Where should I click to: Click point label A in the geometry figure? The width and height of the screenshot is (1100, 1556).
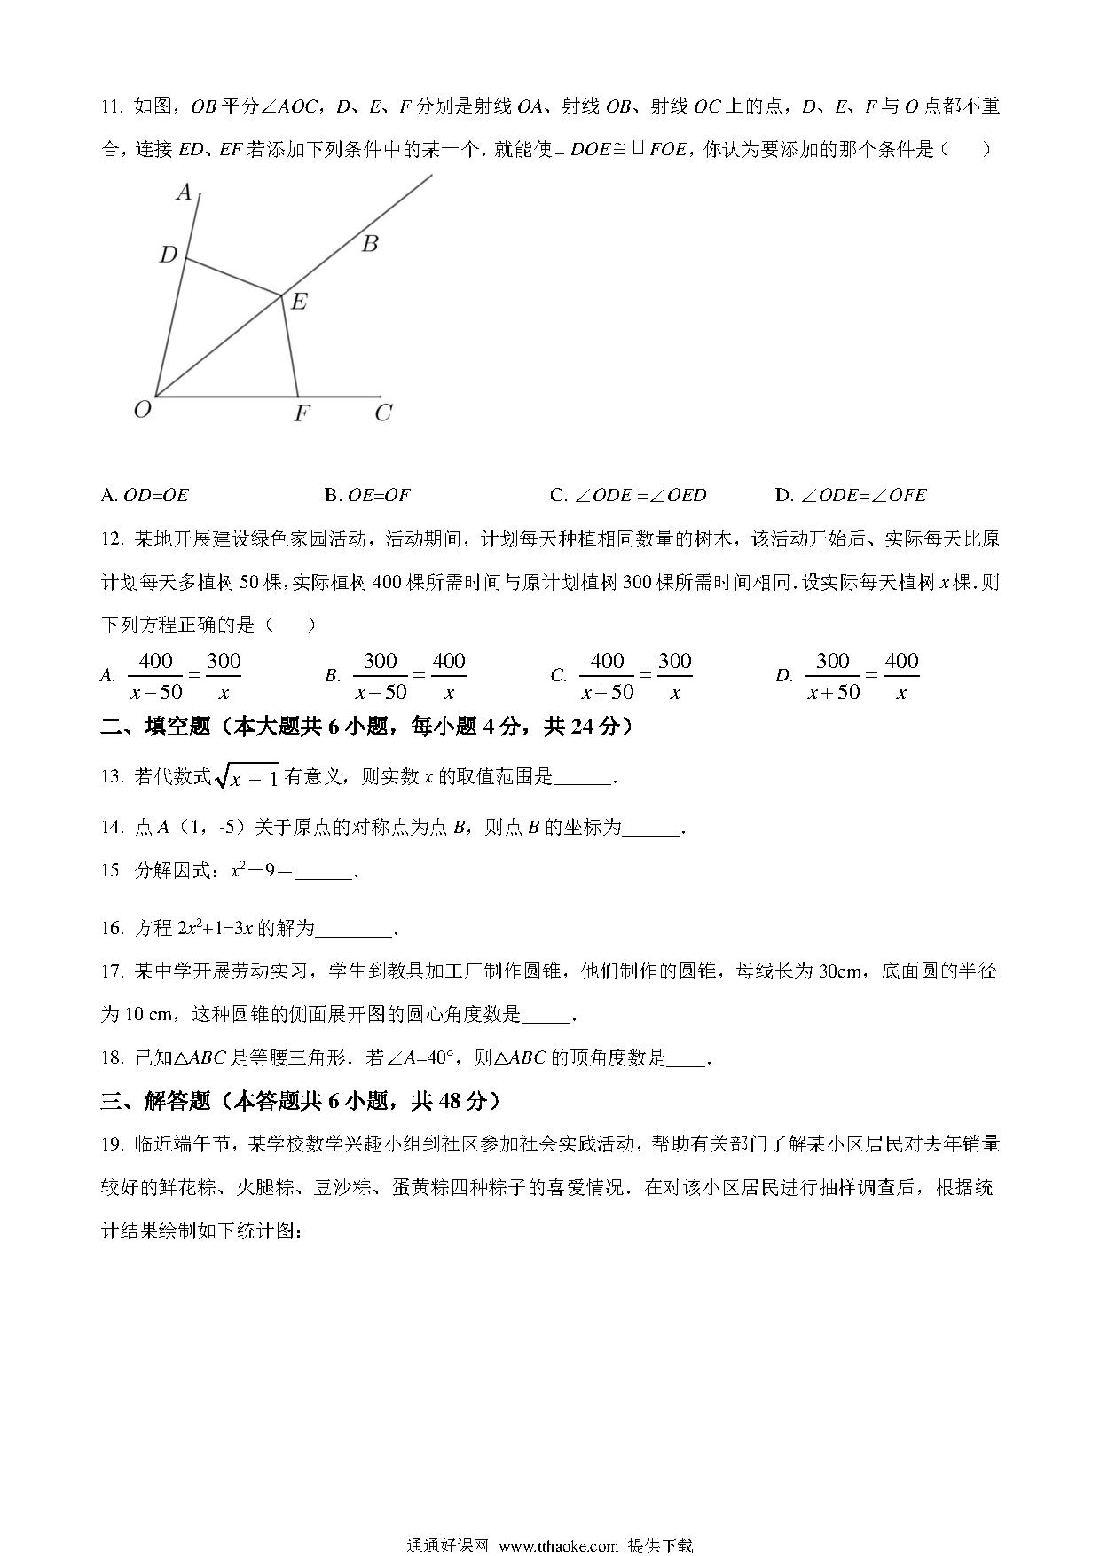point(184,192)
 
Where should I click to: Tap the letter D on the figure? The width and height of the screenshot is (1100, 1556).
point(168,255)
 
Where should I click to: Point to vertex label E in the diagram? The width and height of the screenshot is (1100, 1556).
point(299,303)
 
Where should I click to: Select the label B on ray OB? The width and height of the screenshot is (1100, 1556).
point(370,244)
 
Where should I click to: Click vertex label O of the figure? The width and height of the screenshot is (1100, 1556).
point(142,409)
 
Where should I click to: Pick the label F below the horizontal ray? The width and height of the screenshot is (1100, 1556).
point(302,413)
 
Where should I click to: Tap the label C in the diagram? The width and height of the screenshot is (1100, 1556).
point(382,413)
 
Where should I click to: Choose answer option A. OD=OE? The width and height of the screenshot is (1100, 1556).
point(145,495)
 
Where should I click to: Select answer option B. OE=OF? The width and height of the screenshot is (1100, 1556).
point(368,495)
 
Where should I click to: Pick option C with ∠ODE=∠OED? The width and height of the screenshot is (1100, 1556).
point(628,495)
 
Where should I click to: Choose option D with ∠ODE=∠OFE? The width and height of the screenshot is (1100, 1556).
point(851,495)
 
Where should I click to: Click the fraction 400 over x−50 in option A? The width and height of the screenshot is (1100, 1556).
point(156,677)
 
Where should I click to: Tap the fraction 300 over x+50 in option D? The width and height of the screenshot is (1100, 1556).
point(833,677)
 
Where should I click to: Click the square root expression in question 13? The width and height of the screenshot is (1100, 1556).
point(247,777)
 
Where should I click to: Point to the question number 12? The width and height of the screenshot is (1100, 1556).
point(112,539)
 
